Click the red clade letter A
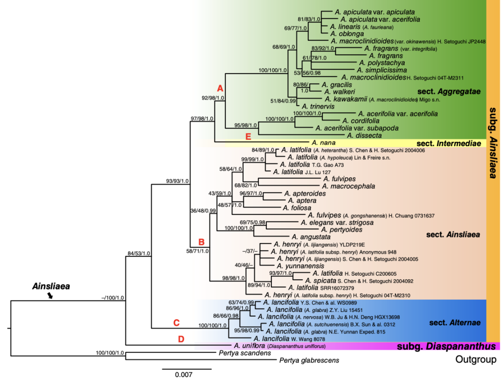click(x=220, y=88)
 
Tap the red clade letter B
click(x=201, y=242)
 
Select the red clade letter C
click(x=176, y=323)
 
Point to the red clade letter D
click(x=181, y=339)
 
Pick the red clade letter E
click(x=248, y=137)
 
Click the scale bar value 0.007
click(x=184, y=375)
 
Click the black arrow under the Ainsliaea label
click(x=50, y=295)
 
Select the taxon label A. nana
click(x=323, y=143)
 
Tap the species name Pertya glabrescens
click(x=309, y=360)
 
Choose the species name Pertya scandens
click(x=245, y=353)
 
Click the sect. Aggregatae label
click(x=449, y=92)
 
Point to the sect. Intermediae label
click(x=449, y=144)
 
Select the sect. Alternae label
click(x=455, y=323)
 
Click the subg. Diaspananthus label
click(x=446, y=346)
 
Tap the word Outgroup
click(x=476, y=359)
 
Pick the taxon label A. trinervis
click(x=318, y=107)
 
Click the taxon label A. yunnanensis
click(x=300, y=266)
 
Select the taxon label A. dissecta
click(x=364, y=135)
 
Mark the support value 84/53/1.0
click(x=139, y=253)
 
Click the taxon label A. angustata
click(x=311, y=237)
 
